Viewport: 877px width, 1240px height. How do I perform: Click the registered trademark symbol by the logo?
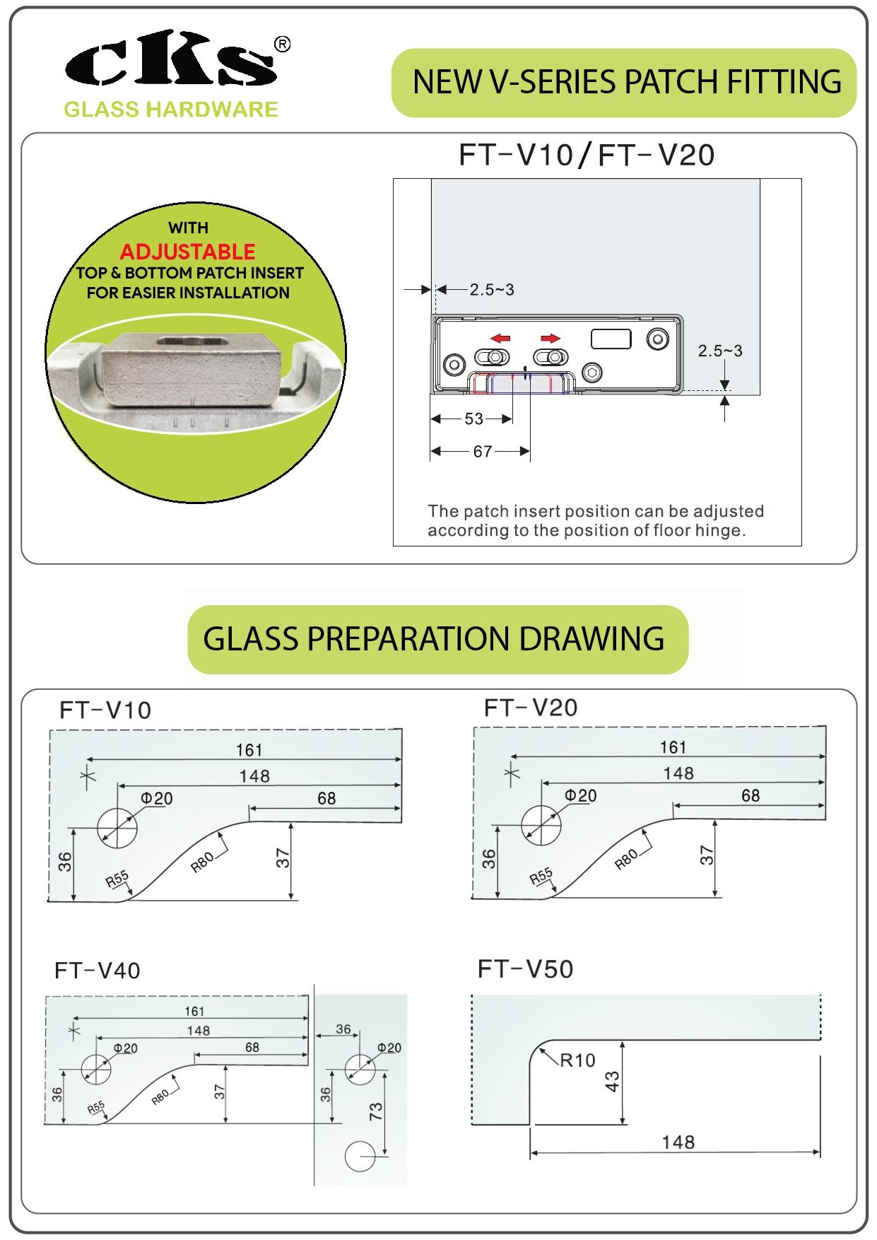(282, 45)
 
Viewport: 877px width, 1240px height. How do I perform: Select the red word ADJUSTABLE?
(187, 252)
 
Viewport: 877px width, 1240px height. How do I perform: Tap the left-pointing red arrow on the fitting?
(500, 339)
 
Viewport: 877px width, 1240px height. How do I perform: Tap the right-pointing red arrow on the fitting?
(551, 339)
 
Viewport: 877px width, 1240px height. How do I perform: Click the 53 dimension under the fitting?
(473, 419)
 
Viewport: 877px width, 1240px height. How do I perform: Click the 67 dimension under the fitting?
(482, 452)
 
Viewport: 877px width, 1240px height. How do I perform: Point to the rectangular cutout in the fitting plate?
(611, 339)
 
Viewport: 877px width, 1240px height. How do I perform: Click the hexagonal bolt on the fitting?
(592, 372)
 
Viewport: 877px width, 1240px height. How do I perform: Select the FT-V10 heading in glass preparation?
(105, 710)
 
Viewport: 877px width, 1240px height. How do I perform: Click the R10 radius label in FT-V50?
(577, 1060)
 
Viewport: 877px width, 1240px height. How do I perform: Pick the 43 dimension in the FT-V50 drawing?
(612, 1082)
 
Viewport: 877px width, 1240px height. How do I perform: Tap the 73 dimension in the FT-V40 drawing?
(375, 1112)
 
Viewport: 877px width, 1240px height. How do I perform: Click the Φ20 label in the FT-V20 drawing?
(580, 796)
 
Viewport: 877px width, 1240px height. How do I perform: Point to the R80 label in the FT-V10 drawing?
(202, 862)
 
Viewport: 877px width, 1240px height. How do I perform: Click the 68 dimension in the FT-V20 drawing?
(751, 796)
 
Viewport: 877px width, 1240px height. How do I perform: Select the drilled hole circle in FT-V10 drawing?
(117, 827)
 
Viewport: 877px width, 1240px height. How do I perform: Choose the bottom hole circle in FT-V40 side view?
(360, 1157)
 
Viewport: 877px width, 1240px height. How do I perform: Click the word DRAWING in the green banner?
(591, 639)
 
